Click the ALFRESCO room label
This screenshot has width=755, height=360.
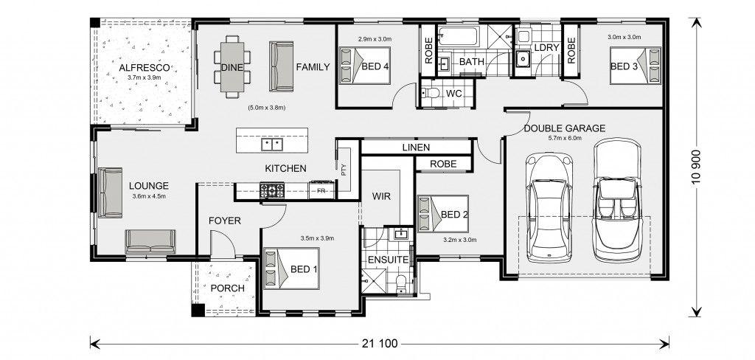click(144, 68)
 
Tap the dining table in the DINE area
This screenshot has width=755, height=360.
click(232, 66)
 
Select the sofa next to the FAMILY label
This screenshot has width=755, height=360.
click(281, 66)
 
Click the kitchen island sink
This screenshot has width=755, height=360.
click(271, 144)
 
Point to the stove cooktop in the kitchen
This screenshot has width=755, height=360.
click(272, 190)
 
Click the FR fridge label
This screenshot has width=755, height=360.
click(321, 190)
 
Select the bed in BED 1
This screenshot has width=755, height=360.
click(291, 269)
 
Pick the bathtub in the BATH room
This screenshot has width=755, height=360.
click(459, 37)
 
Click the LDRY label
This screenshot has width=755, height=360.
click(546, 48)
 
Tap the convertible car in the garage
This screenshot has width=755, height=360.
click(617, 200)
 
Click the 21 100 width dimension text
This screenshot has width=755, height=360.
click(379, 344)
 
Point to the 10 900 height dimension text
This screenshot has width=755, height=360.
click(697, 168)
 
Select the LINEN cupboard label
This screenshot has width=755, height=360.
click(416, 148)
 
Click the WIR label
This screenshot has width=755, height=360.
click(381, 197)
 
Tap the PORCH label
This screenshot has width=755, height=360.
click(227, 288)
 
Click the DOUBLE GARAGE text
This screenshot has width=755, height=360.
click(564, 128)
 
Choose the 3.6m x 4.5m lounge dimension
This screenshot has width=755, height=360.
click(148, 195)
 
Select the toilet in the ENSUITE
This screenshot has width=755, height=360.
click(401, 283)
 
